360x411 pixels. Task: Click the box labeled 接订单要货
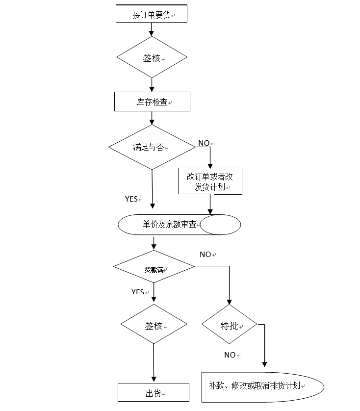coord(151,14)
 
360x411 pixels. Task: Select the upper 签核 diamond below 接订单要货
coord(152,57)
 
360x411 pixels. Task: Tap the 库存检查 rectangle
coord(152,102)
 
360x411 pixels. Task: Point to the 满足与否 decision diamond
coord(152,147)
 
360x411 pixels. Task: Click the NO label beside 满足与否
coord(204,143)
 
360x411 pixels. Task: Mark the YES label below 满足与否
coord(131,199)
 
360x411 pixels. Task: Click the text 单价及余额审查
coord(169,224)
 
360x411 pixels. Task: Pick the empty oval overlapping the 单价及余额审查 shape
coord(220,225)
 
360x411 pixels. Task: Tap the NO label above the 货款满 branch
coord(206,255)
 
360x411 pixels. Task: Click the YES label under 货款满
coord(138,292)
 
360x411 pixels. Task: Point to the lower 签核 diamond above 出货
coord(154,326)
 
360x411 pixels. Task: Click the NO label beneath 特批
coord(230,355)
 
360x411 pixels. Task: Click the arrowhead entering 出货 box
coord(154,380)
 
